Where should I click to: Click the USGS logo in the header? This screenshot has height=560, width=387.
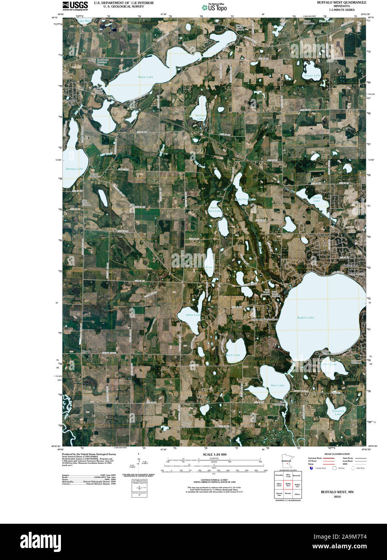tap(75, 5)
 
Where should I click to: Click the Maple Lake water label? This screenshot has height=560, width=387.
tap(146, 77)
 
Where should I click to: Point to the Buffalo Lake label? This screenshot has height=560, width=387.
tap(305, 317)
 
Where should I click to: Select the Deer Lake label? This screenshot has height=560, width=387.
tap(277, 385)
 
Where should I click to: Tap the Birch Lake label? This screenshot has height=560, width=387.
tap(233, 355)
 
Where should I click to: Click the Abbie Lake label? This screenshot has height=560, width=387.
tap(192, 315)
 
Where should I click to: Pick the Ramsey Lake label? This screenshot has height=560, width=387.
tap(74, 169)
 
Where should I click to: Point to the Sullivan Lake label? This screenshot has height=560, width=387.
tap(201, 117)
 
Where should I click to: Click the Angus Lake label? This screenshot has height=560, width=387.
tap(312, 75)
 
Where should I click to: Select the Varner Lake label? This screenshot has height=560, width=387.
tap(317, 199)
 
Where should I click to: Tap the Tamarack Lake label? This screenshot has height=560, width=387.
tap(338, 413)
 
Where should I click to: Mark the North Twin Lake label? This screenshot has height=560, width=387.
tap(215, 209)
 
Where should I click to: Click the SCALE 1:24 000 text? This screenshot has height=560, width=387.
tap(215, 454)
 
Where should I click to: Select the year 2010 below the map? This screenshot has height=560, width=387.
tap(337, 497)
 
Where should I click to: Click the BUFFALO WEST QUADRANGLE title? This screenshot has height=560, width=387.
tap(341, 2)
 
